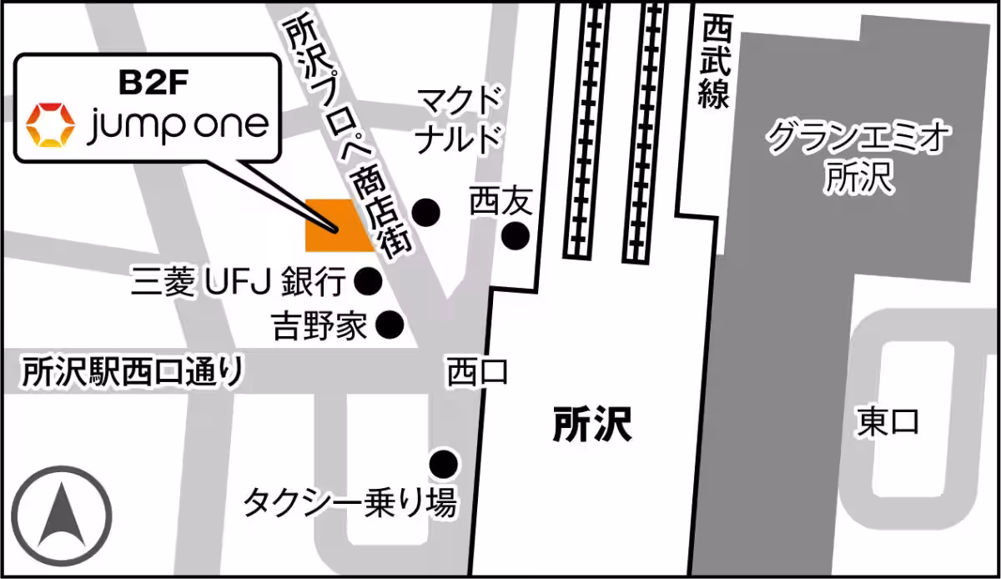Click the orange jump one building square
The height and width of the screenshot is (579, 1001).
339,225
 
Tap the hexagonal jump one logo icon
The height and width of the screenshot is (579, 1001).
50,125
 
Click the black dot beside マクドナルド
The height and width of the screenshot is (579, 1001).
427,213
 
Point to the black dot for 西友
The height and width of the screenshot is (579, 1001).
515,238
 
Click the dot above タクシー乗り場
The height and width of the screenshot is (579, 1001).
442,462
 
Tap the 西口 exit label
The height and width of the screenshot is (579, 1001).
477,371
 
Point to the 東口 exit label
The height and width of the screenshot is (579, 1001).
888,421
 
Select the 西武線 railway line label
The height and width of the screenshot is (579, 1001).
715,63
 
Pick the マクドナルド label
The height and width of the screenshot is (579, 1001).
460,118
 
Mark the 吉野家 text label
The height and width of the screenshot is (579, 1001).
319,325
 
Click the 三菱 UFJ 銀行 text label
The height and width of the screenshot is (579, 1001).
239,283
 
